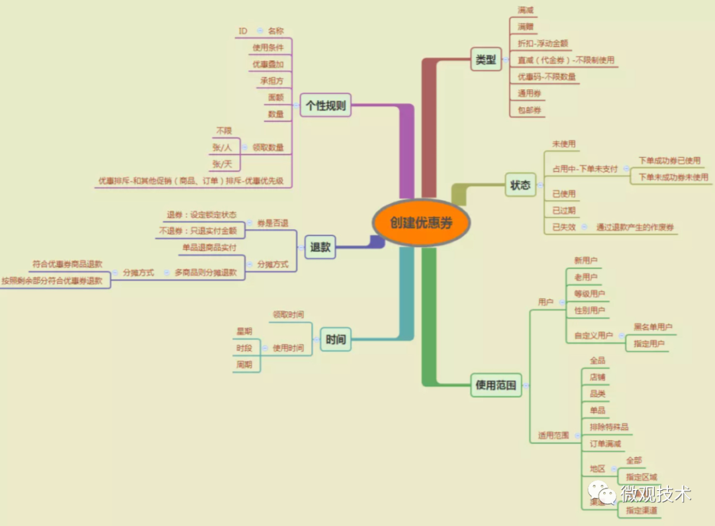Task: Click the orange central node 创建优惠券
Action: [x=421, y=223]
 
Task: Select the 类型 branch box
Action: [x=486, y=60]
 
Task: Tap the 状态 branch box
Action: [x=520, y=185]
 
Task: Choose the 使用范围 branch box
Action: [x=496, y=384]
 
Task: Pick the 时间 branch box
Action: [x=336, y=340]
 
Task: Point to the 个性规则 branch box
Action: [x=325, y=105]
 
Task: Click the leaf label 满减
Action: [x=526, y=11]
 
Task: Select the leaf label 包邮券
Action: [x=530, y=109]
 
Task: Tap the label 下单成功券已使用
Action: [x=669, y=160]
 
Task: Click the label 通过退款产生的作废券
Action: [x=636, y=227]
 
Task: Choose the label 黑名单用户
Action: [x=653, y=327]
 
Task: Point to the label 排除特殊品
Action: [x=609, y=427]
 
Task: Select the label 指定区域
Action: [x=642, y=477]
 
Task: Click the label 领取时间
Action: [x=289, y=314]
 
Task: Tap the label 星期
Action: [x=244, y=331]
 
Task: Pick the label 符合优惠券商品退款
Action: [x=68, y=264]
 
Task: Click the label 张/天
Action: [x=222, y=163]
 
